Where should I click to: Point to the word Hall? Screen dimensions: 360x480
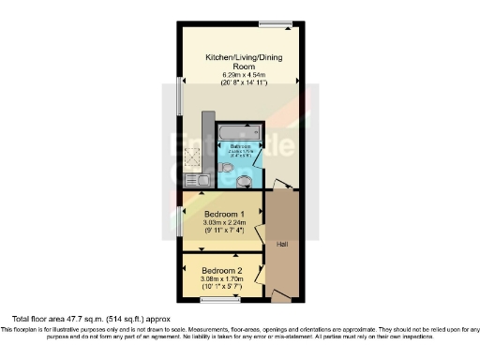280,245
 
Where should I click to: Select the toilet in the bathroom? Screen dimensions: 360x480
226,168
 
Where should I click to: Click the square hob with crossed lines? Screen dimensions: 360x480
193,157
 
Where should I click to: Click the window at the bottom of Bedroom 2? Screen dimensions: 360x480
215,300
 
